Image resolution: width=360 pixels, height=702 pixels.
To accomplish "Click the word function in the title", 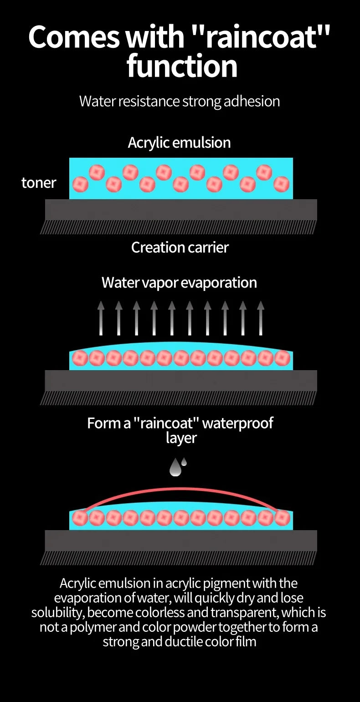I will tap(182, 66).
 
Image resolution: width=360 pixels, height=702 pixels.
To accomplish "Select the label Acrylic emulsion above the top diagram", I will tap(179, 143).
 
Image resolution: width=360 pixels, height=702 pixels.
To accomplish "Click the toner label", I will tap(39, 183).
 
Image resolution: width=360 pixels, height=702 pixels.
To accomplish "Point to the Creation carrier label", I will tap(180, 248).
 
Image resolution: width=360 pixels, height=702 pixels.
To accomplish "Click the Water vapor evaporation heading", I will tap(179, 283).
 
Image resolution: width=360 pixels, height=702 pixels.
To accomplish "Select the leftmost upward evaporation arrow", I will tap(101, 318).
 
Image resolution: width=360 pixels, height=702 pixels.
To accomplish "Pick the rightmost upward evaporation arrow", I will tap(261, 318).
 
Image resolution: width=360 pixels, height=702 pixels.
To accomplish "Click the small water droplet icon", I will tap(184, 461).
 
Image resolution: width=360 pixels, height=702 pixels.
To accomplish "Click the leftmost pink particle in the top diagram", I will tap(81, 184).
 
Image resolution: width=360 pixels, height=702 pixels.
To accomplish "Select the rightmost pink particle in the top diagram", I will tap(281, 184).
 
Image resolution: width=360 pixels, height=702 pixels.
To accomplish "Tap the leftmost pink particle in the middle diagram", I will tap(80, 358).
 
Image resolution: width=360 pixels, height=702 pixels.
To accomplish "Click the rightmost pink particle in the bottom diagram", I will tap(282, 518).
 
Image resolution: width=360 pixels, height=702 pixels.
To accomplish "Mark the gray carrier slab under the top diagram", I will tap(181, 210).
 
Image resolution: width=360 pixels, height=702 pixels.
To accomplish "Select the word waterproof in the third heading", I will tap(237, 423).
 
